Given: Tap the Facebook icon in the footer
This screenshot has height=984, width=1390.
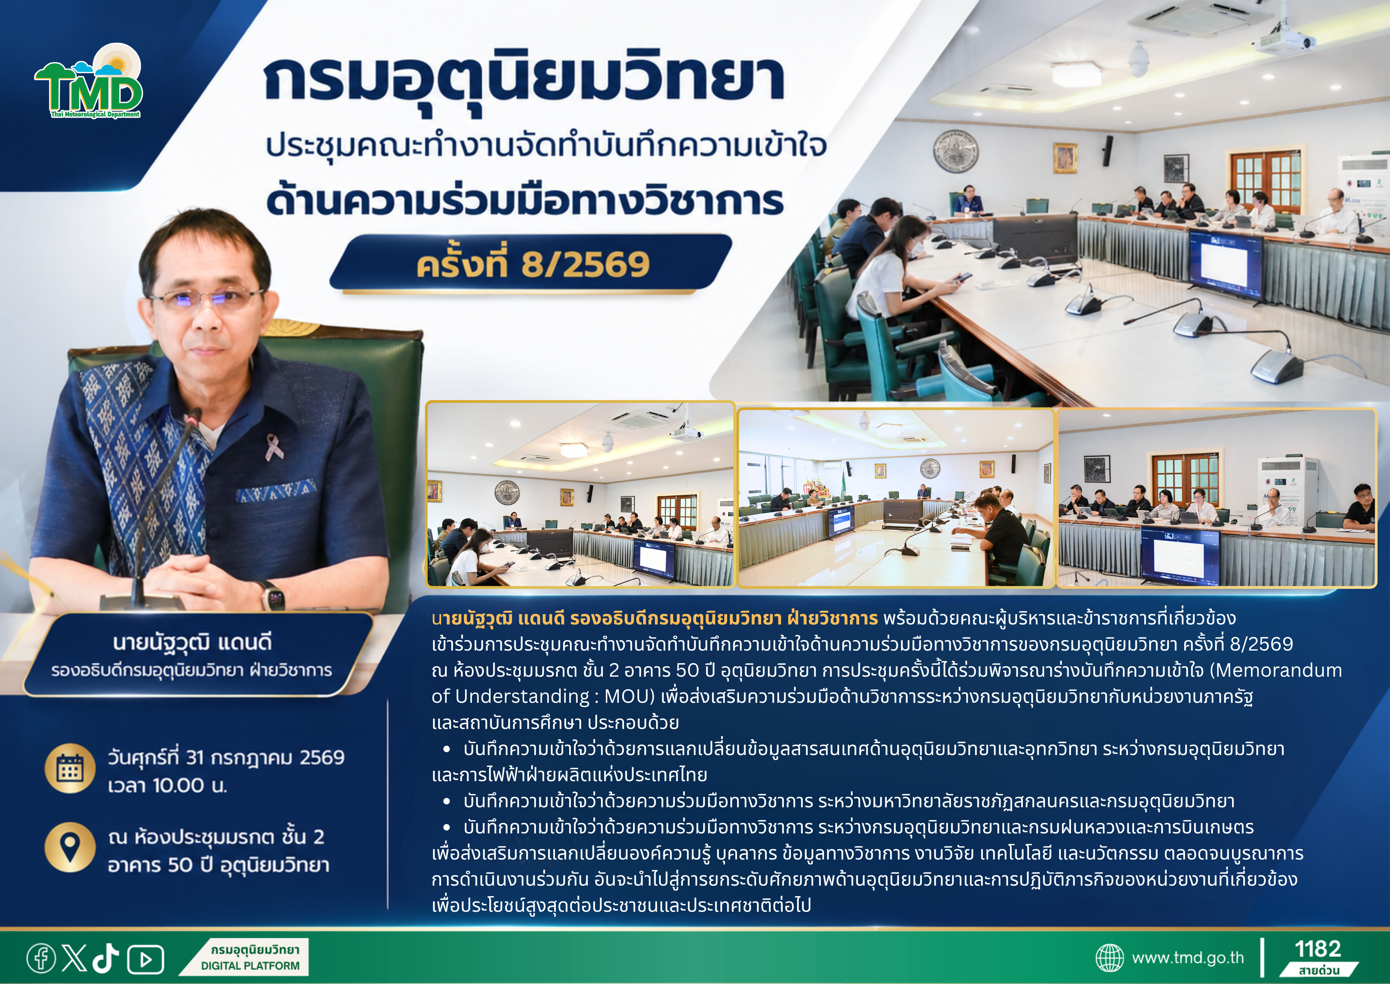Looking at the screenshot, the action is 41,959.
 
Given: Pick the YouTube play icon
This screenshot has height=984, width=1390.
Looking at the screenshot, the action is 145,959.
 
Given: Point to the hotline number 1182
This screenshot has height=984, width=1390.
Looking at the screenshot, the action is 1318,949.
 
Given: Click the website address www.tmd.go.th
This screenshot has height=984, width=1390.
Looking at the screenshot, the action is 1188,958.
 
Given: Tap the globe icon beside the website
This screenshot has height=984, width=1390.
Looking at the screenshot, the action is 1110,958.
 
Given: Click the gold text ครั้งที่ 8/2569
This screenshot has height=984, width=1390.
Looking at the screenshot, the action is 533,265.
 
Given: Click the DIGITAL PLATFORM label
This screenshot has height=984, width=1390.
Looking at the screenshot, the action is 250,966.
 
